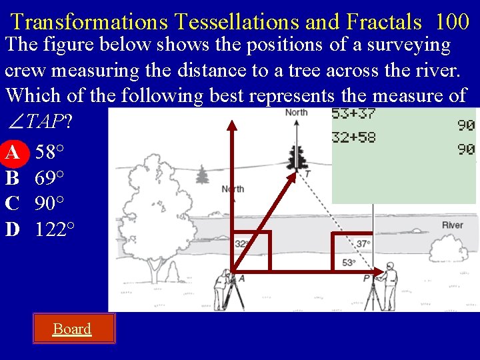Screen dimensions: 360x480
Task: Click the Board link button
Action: (x=72, y=329)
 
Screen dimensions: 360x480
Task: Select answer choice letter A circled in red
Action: (x=12, y=153)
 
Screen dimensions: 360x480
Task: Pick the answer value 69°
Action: (x=49, y=178)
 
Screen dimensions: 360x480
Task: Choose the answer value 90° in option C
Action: (x=49, y=203)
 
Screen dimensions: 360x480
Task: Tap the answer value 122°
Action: (x=55, y=229)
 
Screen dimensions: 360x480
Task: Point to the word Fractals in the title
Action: (x=383, y=22)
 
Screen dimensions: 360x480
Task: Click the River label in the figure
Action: (x=452, y=225)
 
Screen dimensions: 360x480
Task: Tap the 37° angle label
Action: (x=363, y=244)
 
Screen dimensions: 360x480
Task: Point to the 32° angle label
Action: (x=241, y=244)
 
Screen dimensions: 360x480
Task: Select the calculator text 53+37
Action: (x=353, y=114)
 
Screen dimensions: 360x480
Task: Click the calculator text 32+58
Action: (x=353, y=138)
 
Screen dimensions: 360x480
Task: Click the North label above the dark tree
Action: (x=296, y=112)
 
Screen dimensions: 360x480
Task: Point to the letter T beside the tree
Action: (x=307, y=174)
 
